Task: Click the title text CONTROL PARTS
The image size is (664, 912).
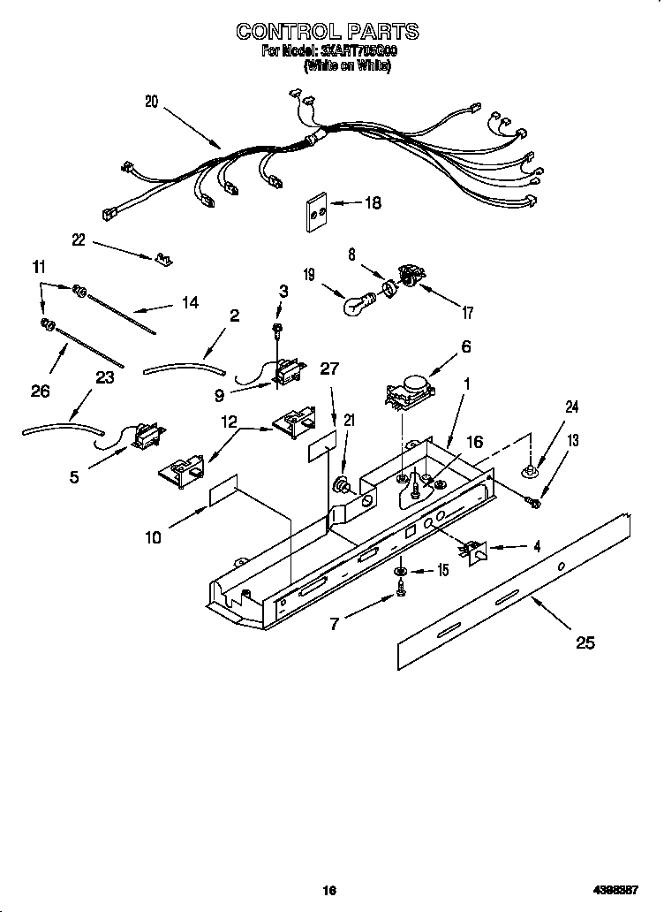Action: tap(327, 32)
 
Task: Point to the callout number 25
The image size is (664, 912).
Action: tap(585, 642)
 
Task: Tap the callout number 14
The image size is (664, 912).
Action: tap(189, 302)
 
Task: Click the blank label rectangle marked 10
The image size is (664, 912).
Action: tap(224, 497)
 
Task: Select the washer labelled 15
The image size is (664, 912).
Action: tap(400, 574)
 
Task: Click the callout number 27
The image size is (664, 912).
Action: tap(329, 369)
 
